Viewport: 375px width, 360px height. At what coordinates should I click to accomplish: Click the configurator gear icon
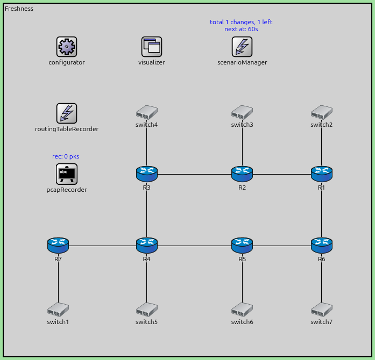click(67, 47)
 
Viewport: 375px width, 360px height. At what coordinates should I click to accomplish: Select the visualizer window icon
click(152, 47)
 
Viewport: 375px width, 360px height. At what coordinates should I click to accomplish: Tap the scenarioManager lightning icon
click(242, 47)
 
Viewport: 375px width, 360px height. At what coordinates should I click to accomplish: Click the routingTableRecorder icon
click(67, 113)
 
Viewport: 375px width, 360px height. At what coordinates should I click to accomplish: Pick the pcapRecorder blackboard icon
click(67, 174)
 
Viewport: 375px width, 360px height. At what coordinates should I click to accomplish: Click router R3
click(146, 174)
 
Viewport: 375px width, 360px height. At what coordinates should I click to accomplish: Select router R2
click(242, 174)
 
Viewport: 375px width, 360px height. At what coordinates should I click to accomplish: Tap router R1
click(322, 174)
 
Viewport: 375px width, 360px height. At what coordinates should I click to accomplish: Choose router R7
click(58, 246)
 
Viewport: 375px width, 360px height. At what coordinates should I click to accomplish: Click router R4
click(146, 246)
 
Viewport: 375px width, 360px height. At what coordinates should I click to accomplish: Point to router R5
click(242, 246)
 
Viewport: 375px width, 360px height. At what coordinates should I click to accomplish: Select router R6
click(322, 246)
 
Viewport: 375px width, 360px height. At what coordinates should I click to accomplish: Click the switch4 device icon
click(146, 112)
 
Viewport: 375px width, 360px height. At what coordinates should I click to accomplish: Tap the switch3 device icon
click(242, 112)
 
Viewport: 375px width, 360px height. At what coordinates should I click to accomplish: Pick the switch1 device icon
click(58, 309)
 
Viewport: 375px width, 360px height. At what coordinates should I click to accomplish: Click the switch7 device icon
click(322, 309)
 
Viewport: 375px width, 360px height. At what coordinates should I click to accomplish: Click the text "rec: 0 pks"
click(66, 156)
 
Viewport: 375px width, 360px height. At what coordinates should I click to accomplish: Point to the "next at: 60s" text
click(241, 29)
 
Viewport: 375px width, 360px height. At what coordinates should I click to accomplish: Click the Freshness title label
click(19, 9)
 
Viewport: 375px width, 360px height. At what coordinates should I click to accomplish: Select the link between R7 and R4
click(102, 246)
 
